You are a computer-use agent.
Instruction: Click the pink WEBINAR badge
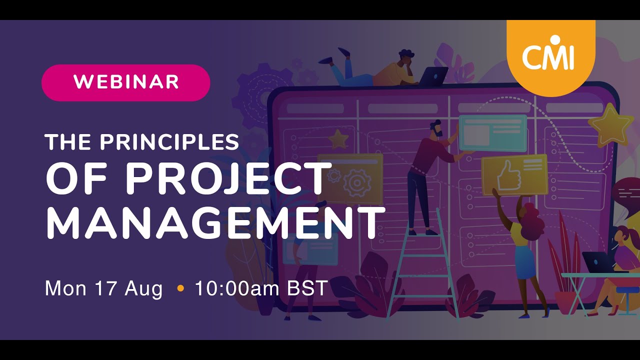125,82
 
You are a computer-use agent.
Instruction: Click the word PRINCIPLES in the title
169,142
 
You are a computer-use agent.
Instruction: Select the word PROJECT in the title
227,179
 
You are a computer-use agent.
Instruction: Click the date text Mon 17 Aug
103,289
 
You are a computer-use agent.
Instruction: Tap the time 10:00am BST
261,289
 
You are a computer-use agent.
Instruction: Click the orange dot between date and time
180,288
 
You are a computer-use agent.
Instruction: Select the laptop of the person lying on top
433,76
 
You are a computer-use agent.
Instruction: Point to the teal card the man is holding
492,132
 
